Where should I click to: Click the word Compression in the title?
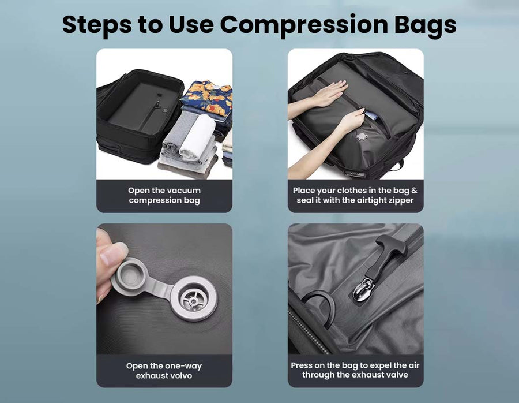click(x=304, y=25)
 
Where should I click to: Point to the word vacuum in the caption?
click(x=184, y=191)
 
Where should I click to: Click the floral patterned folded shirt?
click(x=208, y=97)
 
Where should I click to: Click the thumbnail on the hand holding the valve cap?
click(x=112, y=252)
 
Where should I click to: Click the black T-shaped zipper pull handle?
click(x=389, y=255)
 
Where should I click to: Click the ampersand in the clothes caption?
click(x=414, y=191)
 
